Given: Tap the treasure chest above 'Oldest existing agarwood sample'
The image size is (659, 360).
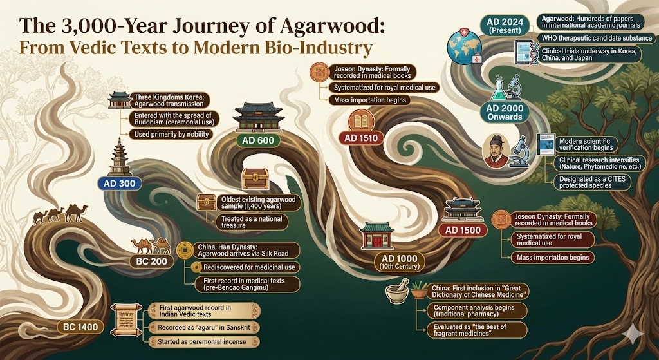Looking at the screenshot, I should pos(255,179).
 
